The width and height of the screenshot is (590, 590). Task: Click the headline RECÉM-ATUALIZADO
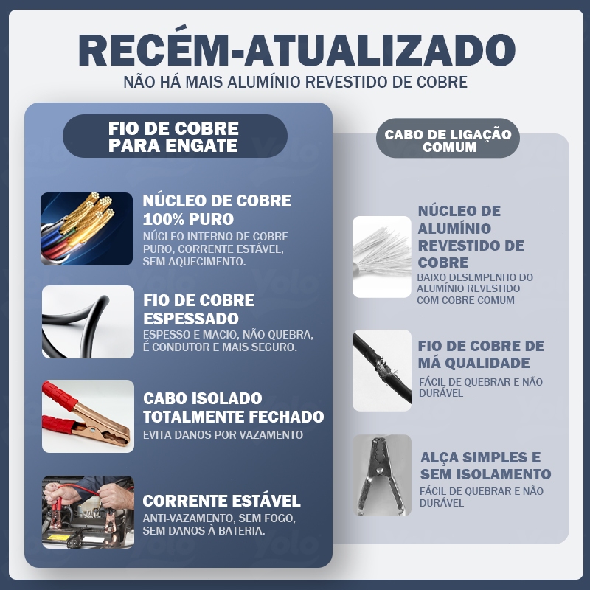297,50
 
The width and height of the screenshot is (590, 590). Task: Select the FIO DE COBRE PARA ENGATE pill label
175,136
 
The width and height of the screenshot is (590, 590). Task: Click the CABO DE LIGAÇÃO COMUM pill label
448,138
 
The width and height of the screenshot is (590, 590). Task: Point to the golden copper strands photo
86,229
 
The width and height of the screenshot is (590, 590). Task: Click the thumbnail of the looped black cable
88,322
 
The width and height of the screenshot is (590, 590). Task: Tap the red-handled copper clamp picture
88,416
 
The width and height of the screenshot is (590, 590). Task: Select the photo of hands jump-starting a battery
88,512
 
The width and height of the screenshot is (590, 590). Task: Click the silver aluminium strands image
382,257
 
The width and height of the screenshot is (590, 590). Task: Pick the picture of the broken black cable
382,371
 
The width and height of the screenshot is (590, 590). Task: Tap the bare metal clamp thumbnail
382,475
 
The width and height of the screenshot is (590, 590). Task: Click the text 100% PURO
188,219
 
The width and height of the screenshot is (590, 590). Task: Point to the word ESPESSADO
191,319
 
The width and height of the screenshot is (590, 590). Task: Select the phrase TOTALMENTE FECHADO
233,417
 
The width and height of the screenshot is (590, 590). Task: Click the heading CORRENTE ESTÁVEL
221,501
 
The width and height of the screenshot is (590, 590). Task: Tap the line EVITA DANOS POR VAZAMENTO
223,435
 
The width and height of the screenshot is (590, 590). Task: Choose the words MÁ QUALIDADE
473,363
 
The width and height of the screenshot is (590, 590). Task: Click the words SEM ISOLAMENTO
485,474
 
